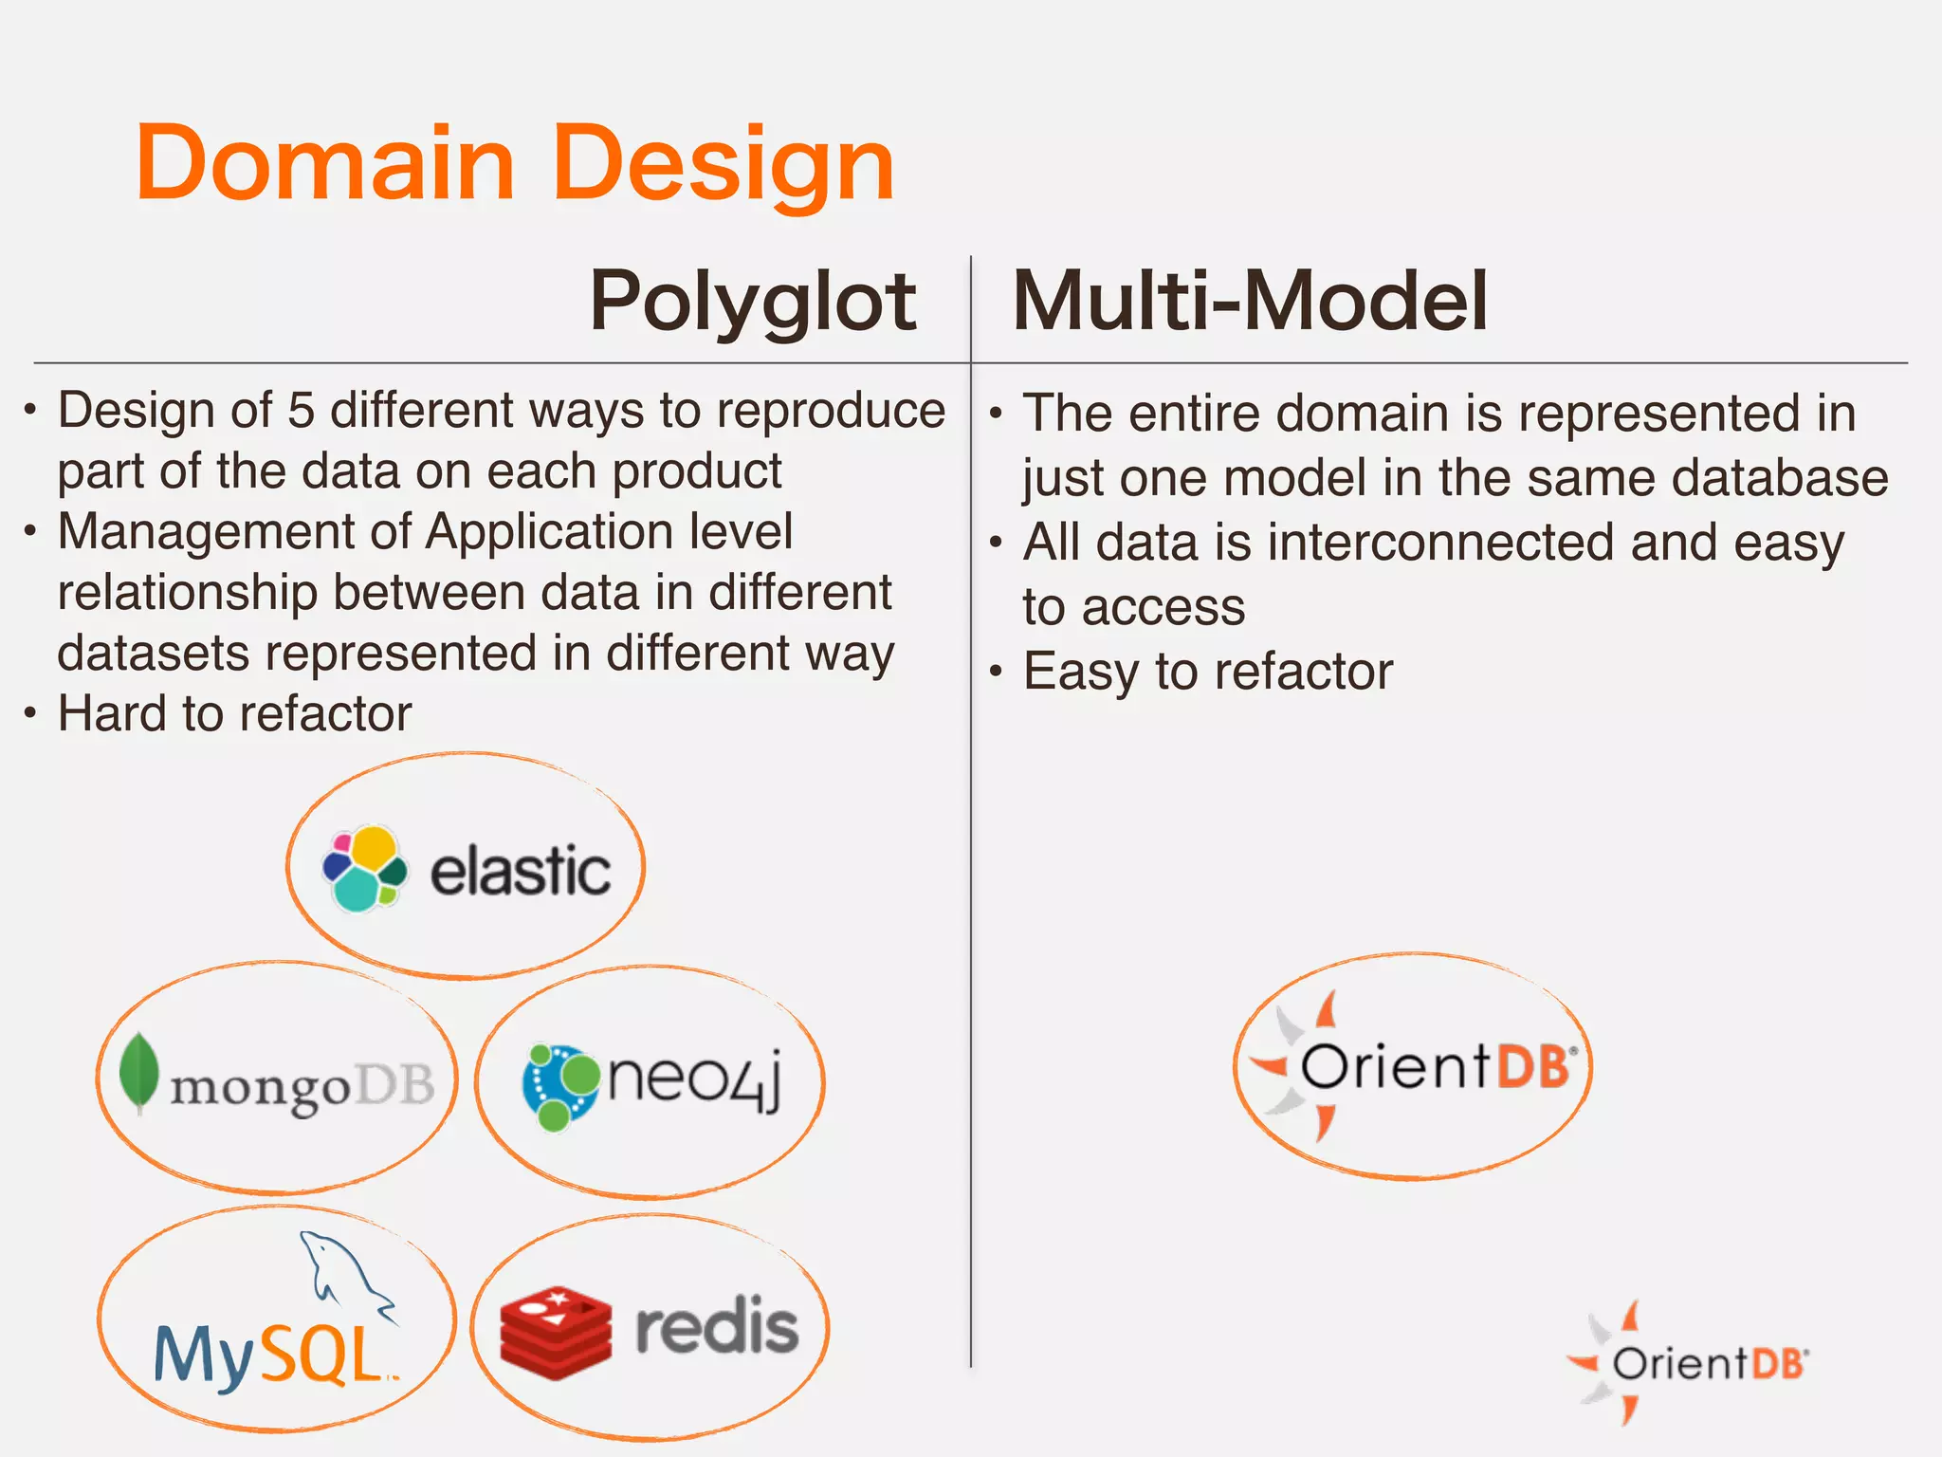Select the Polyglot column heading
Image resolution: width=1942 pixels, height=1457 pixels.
(752, 302)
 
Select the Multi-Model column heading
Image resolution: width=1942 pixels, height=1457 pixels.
(1249, 302)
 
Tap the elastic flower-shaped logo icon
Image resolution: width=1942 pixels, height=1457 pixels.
(364, 868)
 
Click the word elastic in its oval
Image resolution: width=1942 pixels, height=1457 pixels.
(520, 871)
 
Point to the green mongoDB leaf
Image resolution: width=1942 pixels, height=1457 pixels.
(139, 1072)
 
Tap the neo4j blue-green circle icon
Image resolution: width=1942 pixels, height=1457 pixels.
(560, 1086)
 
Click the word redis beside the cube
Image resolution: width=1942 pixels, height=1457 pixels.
(716, 1326)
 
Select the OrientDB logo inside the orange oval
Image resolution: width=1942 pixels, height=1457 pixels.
(1413, 1066)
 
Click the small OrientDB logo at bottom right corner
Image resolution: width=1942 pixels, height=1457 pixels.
(1687, 1363)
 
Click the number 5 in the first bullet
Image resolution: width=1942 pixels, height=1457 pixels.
(301, 411)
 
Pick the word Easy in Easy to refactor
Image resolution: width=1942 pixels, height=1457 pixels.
(1080, 672)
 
